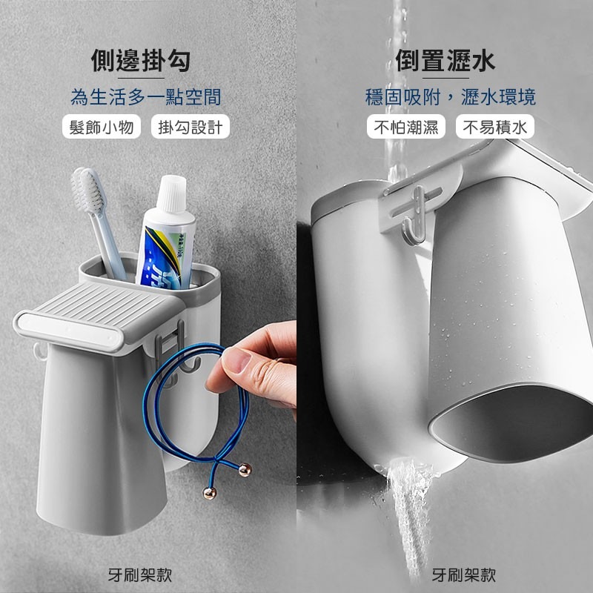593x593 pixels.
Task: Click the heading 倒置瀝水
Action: point(444,60)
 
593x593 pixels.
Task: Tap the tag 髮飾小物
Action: point(102,127)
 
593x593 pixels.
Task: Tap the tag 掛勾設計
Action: point(191,127)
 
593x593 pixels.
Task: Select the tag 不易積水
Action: point(495,127)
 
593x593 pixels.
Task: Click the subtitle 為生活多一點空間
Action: point(145,96)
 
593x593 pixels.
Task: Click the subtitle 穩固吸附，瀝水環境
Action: point(450,96)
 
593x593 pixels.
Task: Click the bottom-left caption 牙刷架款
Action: point(140,574)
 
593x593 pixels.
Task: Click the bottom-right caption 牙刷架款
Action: point(464,574)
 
